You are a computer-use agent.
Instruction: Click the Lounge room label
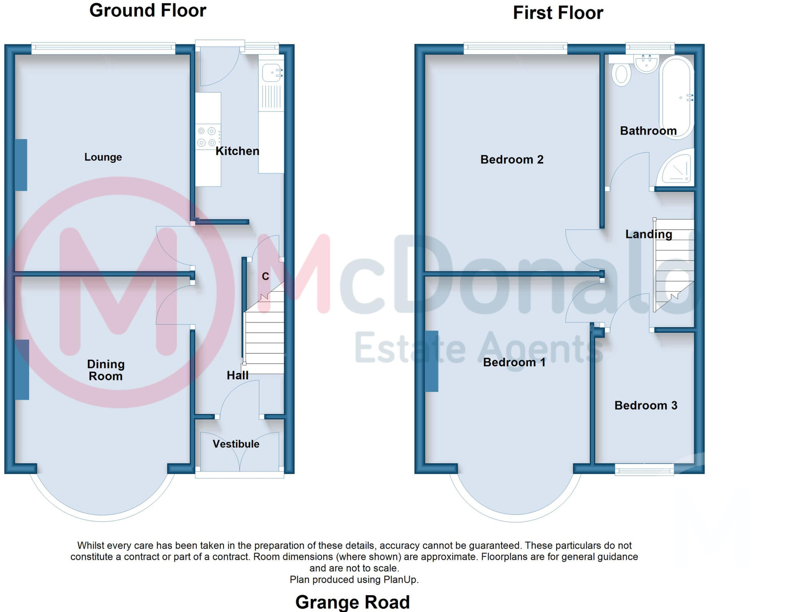click(x=103, y=157)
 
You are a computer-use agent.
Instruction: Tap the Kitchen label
click(x=237, y=151)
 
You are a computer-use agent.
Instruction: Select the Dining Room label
click(x=106, y=370)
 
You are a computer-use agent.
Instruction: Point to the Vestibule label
click(x=236, y=444)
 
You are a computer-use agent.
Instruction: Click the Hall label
click(x=237, y=375)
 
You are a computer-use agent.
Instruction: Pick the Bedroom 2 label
click(x=512, y=159)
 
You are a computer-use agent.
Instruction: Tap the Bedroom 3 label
click(x=646, y=405)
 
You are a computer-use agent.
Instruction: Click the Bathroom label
click(x=648, y=131)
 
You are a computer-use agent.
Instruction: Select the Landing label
click(x=649, y=234)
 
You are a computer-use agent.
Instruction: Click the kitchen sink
click(x=272, y=72)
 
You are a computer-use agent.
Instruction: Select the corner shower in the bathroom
click(x=677, y=169)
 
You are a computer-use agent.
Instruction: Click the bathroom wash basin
click(x=646, y=63)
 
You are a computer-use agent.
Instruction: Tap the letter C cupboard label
click(x=265, y=276)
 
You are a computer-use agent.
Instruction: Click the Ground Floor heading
click(x=148, y=10)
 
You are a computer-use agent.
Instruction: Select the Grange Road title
click(x=352, y=602)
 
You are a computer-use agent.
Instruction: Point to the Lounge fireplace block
click(x=21, y=165)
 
